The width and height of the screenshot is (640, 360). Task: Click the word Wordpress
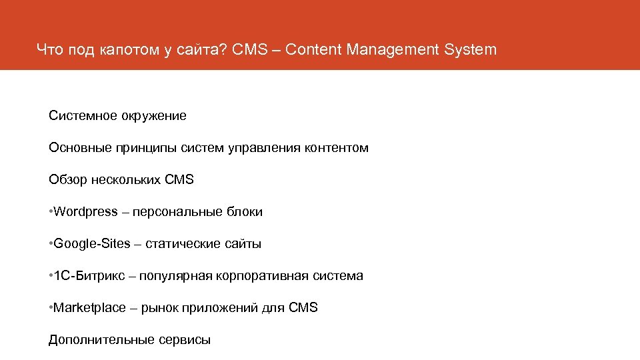[x=85, y=212]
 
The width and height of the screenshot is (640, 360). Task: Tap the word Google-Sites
[x=92, y=244]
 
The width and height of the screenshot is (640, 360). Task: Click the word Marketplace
[x=89, y=308]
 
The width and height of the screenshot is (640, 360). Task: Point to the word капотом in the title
[x=127, y=50]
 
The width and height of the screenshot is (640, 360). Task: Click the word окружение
[x=153, y=116]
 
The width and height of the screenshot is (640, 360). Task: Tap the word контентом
[x=337, y=148]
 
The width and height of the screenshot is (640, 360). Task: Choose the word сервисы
[x=185, y=340]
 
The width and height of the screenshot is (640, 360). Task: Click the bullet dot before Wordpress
[x=51, y=212]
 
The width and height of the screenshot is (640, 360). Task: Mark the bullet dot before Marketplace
[x=51, y=308]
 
